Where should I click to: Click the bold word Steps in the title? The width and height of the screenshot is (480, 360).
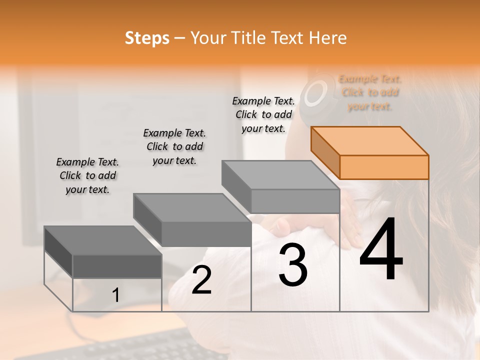(x=147, y=38)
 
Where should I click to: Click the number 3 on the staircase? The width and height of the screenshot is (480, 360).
(x=293, y=265)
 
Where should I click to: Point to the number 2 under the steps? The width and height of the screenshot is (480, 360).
(x=201, y=280)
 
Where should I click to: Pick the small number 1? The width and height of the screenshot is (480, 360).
(x=115, y=295)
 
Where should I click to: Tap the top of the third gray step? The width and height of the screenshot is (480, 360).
(x=280, y=174)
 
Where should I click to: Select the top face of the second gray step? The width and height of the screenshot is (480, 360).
(x=192, y=207)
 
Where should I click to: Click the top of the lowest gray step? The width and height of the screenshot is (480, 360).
(x=102, y=240)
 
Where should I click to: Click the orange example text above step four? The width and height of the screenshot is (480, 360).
(x=370, y=92)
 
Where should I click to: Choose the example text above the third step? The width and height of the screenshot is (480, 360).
(x=263, y=114)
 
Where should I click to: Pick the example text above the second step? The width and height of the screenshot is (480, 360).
(x=174, y=146)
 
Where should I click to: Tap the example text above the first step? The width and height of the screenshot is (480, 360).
(x=87, y=175)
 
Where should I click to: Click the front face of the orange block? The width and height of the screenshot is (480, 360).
(x=384, y=167)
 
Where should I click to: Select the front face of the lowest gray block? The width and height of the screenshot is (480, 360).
(x=117, y=266)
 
